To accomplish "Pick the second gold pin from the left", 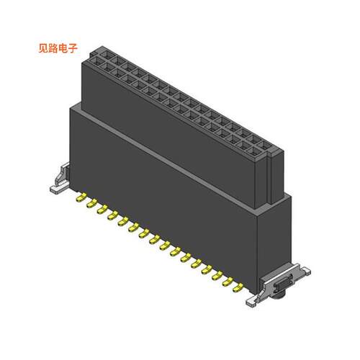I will point(90,204).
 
